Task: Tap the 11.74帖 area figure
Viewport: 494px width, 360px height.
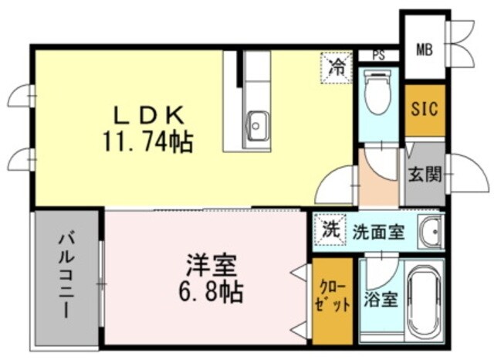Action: [147, 141]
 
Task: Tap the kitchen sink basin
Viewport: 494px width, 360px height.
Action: [257, 122]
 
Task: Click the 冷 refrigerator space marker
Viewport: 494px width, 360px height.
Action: [336, 66]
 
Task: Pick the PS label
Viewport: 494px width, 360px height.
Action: [378, 55]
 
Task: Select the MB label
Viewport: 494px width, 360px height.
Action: [425, 50]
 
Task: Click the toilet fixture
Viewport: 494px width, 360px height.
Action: [378, 93]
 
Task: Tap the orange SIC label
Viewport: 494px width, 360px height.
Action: [424, 109]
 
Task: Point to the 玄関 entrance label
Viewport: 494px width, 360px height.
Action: [424, 174]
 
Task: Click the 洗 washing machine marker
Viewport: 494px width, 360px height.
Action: [330, 229]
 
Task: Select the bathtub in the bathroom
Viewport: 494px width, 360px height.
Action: [423, 299]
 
